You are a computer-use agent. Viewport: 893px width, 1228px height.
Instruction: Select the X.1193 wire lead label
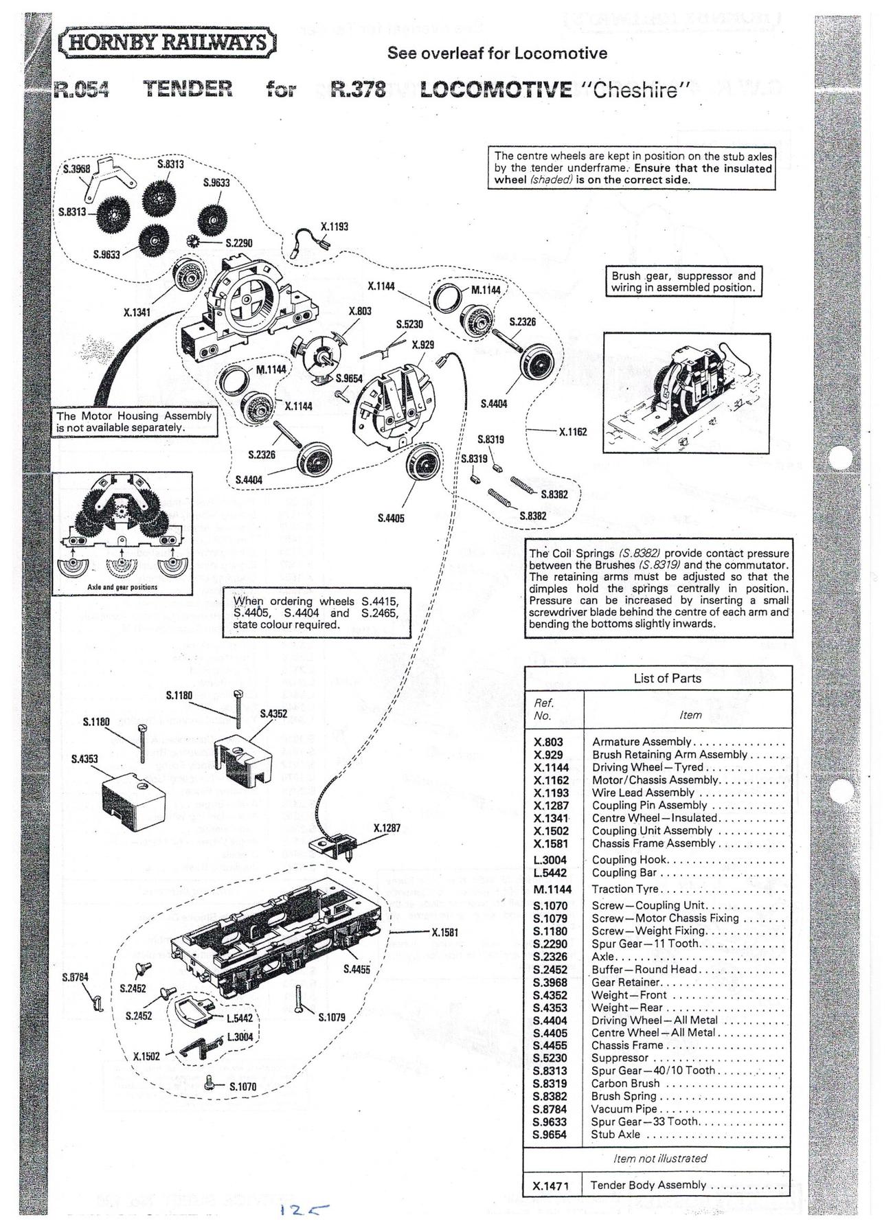point(335,226)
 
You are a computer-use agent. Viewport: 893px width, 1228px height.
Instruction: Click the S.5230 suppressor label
point(409,323)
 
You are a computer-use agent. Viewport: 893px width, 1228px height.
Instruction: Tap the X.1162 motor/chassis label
point(573,432)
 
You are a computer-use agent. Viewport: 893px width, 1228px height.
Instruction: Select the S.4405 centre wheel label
point(391,518)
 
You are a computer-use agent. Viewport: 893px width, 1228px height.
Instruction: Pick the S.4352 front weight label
point(273,714)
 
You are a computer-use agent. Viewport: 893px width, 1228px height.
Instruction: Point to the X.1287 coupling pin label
point(387,828)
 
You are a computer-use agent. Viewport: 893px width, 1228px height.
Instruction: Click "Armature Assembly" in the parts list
point(642,742)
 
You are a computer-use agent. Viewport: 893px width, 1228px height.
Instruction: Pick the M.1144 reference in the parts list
point(552,889)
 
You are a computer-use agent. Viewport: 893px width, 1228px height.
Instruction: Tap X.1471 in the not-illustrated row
point(551,1185)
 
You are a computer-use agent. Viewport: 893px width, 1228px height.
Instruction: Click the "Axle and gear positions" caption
point(122,587)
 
